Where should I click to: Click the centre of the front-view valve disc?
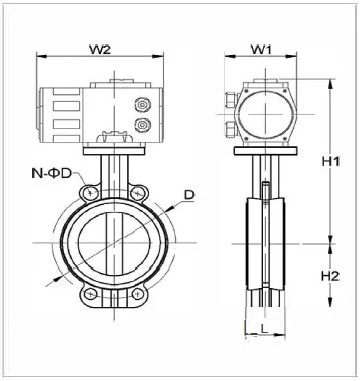[x=121, y=243]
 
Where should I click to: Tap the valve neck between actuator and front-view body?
[x=121, y=168]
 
